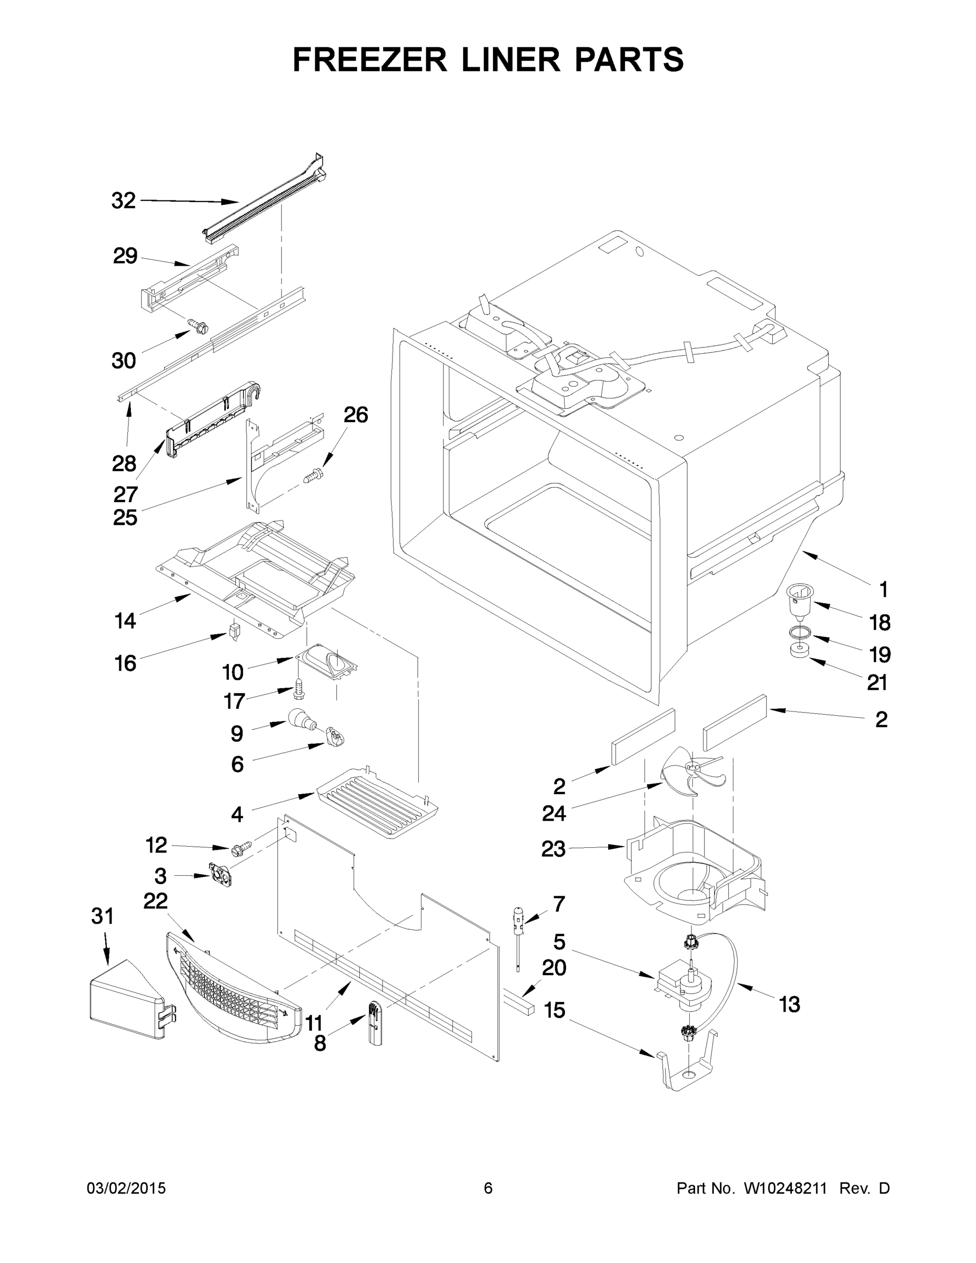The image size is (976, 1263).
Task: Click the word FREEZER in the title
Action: point(369,59)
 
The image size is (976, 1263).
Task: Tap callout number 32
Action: point(123,201)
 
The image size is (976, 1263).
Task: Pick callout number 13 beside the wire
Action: point(789,1005)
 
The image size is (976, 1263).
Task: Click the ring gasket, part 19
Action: point(799,631)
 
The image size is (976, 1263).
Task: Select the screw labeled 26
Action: point(314,476)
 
